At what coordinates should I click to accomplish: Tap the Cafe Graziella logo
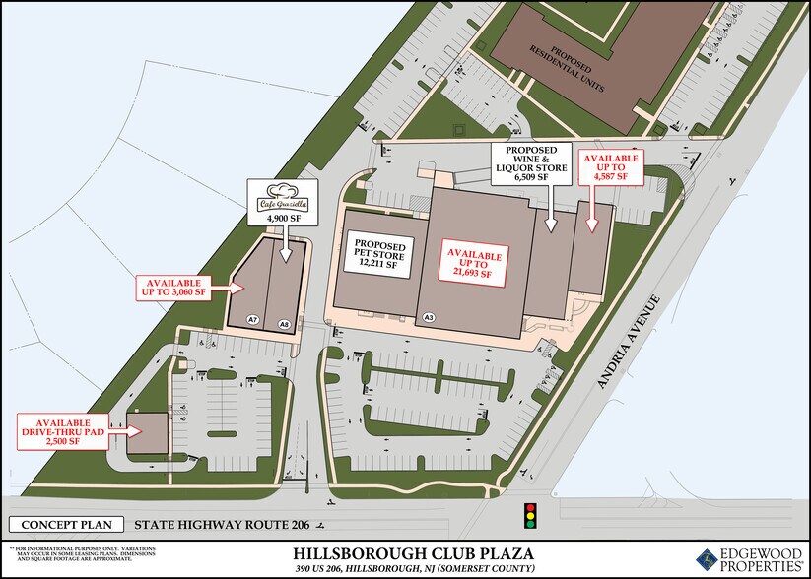(284, 197)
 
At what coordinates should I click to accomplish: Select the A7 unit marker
(253, 321)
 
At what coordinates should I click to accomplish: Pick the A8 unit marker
(284, 321)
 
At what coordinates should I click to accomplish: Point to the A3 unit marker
(429, 317)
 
